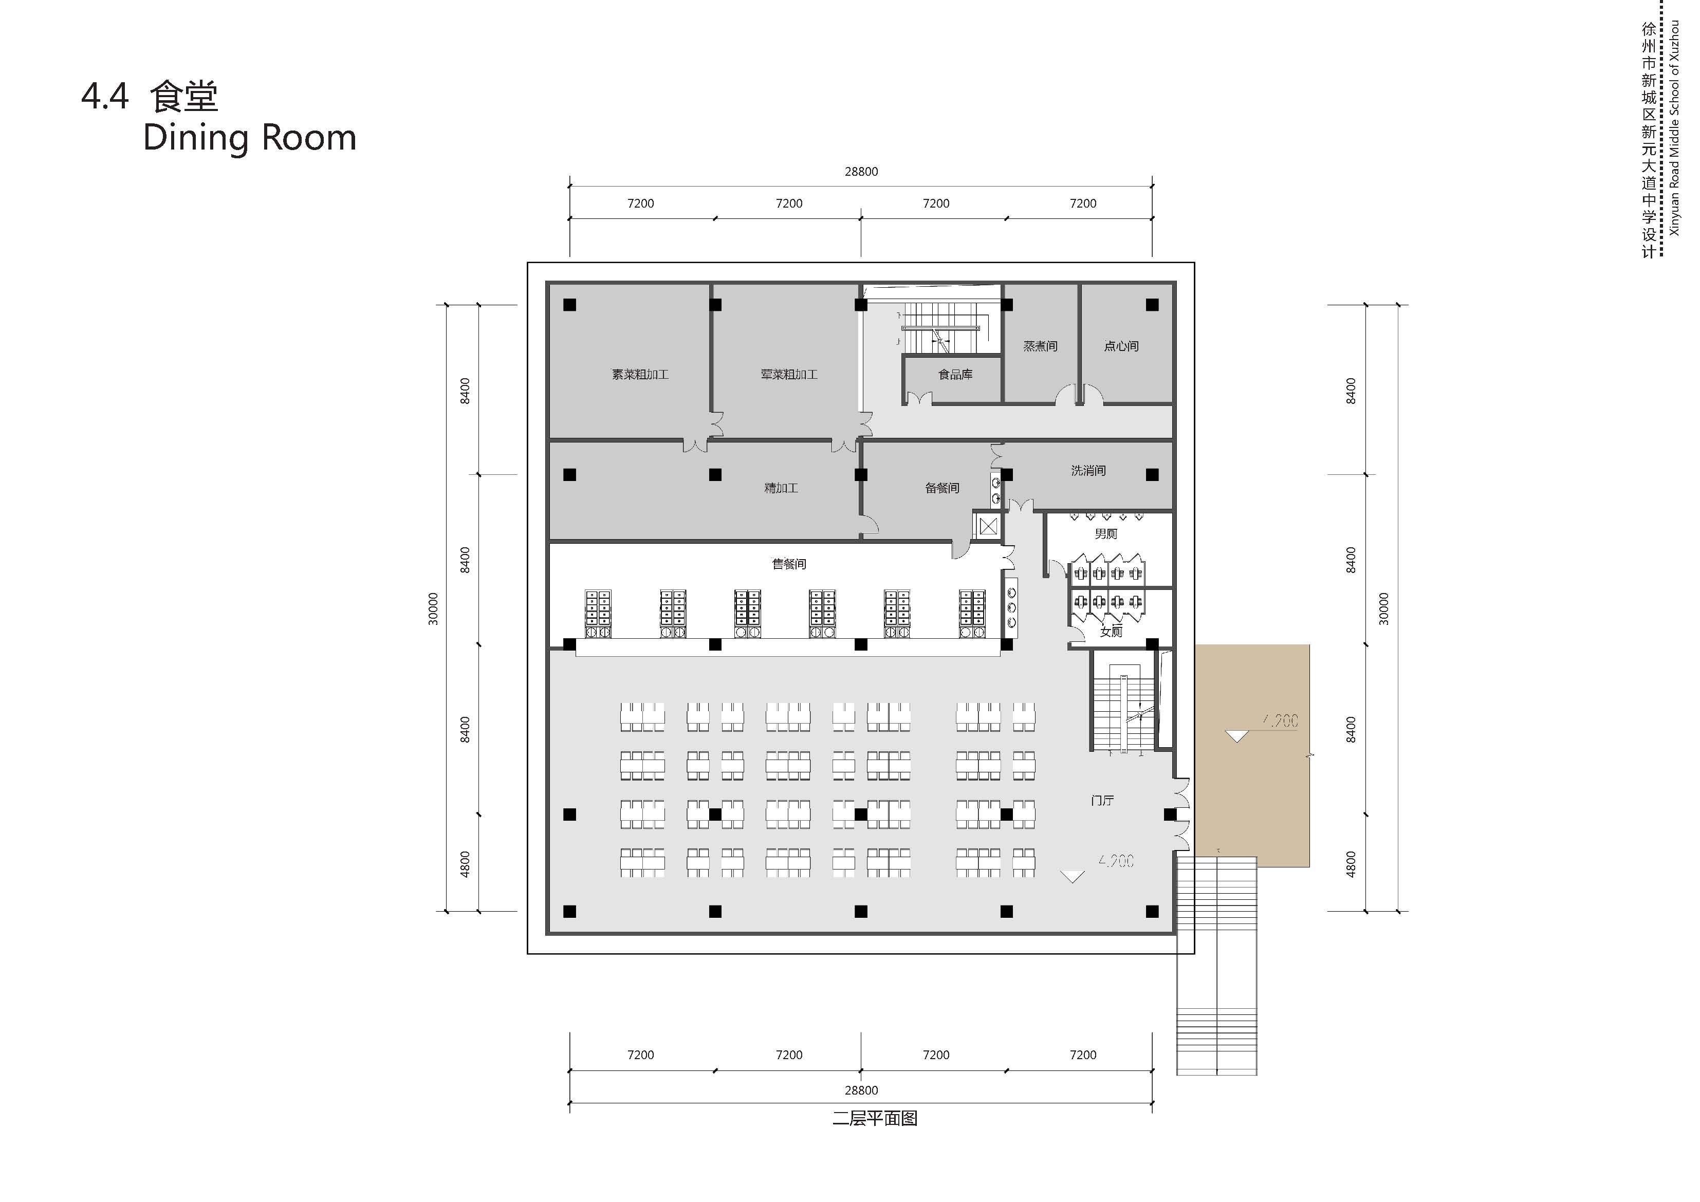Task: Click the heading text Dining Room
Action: [x=250, y=138]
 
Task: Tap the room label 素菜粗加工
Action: [x=640, y=375]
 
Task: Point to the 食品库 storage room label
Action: [x=955, y=375]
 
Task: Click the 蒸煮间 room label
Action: [x=1040, y=346]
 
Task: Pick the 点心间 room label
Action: [x=1121, y=346]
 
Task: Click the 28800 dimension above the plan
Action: [x=861, y=172]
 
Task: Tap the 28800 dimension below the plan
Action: [x=861, y=1090]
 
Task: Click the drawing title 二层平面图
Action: [x=875, y=1118]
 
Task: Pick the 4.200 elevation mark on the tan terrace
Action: [x=1280, y=720]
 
